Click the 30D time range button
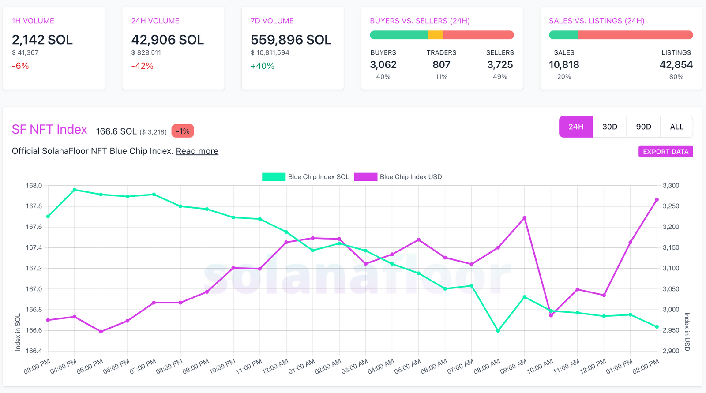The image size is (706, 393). [x=610, y=127]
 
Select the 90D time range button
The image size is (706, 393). [x=643, y=127]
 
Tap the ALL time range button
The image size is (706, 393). [x=676, y=127]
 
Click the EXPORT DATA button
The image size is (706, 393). [x=665, y=152]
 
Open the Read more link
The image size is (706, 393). [x=197, y=151]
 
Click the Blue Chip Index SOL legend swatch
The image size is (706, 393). [x=274, y=177]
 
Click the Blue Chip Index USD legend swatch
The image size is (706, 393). [x=365, y=177]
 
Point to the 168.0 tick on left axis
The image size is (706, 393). [x=34, y=186]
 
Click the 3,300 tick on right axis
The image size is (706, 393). [x=671, y=186]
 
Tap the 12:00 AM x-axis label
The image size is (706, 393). [x=275, y=366]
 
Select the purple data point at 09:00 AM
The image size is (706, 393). [x=525, y=218]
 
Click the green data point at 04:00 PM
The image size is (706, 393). [x=75, y=190]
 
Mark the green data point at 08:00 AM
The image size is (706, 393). [x=498, y=331]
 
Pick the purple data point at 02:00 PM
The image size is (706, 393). [x=657, y=200]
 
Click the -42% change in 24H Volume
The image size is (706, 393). [x=142, y=66]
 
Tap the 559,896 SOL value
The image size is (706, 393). [x=291, y=40]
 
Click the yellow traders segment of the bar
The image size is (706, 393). [x=436, y=35]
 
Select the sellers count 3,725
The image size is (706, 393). [x=500, y=65]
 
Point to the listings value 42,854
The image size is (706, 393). [x=676, y=65]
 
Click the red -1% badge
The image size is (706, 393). [x=183, y=131]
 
